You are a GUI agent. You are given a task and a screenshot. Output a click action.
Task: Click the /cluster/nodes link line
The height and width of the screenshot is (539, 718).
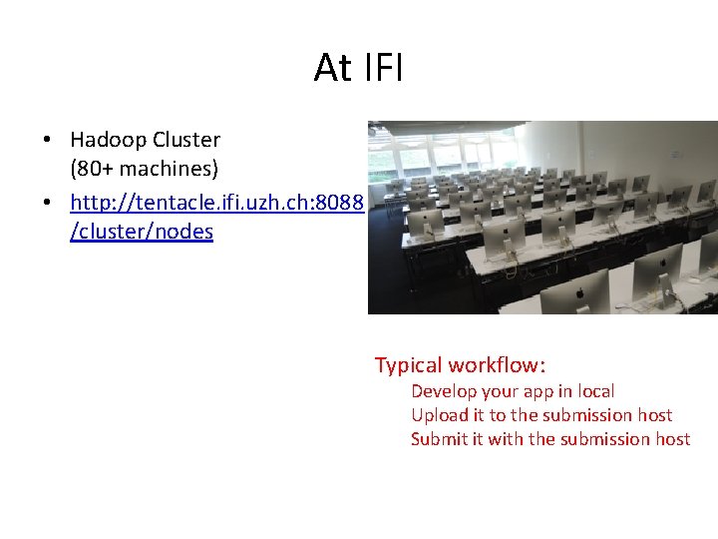tap(142, 232)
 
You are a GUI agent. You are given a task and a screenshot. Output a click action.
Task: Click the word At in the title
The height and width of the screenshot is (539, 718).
tap(333, 68)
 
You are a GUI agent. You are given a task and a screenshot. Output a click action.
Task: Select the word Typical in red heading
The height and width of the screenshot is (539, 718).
tap(409, 365)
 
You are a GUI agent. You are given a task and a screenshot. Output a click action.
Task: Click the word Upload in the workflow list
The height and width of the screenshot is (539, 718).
tap(438, 415)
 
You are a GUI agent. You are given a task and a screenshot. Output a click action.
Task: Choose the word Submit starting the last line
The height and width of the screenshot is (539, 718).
tap(438, 439)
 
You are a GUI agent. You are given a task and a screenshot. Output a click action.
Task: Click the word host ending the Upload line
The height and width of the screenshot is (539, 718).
tap(655, 415)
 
